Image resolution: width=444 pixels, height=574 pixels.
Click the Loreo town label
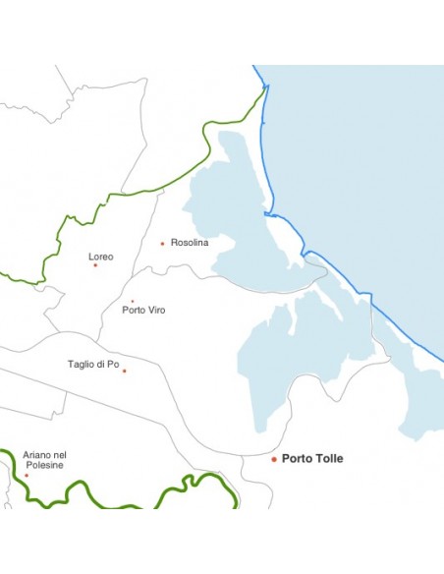point(101,257)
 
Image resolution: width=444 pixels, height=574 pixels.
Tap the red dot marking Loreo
point(95,265)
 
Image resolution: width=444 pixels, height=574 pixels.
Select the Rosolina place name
point(190,243)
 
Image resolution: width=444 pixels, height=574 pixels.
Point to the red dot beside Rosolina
point(162,244)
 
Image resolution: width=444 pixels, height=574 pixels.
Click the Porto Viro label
point(143,310)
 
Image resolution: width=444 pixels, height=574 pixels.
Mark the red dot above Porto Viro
point(133,301)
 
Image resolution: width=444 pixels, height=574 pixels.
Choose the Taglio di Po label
point(93,364)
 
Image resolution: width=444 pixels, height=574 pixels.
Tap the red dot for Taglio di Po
point(125,372)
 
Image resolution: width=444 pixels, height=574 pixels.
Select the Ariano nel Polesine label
point(44,460)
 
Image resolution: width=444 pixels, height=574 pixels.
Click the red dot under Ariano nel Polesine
point(27,476)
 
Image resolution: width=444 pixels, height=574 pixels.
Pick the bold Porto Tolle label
point(312,458)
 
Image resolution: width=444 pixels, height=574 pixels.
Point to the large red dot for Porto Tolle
point(274,459)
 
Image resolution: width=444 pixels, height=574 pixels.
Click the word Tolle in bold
point(329,458)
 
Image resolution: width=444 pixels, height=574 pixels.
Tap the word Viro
point(156,310)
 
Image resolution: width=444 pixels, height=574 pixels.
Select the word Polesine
point(44,465)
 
